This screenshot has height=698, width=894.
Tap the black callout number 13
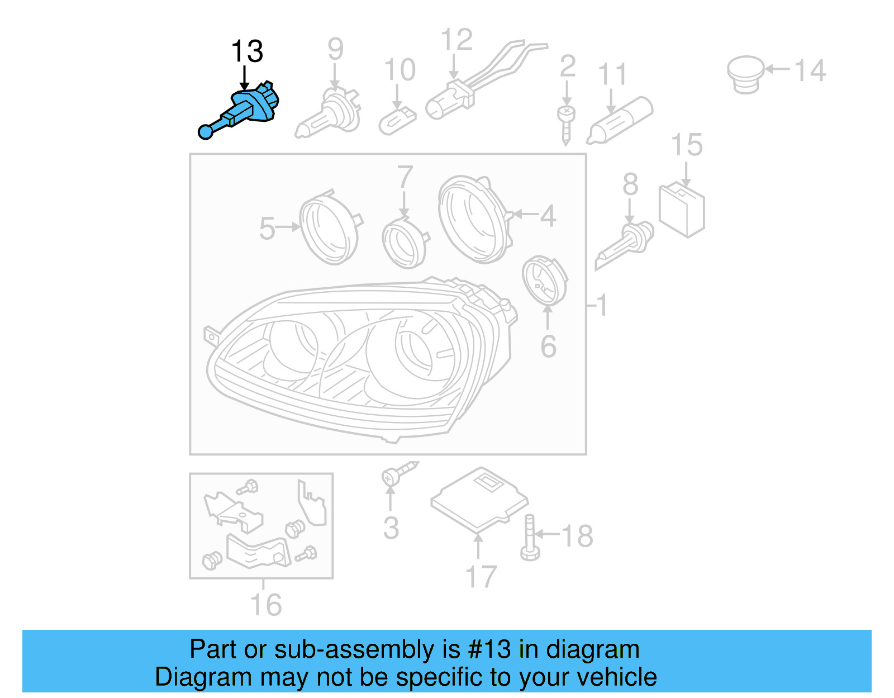click(246, 51)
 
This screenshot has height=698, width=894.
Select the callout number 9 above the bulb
click(335, 49)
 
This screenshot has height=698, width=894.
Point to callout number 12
click(456, 40)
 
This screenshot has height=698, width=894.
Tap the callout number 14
click(810, 71)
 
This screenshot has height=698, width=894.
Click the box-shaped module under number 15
click(682, 210)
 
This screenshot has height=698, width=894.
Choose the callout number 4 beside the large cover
click(548, 216)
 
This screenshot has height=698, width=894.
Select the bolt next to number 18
click(529, 537)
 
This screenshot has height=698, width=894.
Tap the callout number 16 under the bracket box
click(265, 605)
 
